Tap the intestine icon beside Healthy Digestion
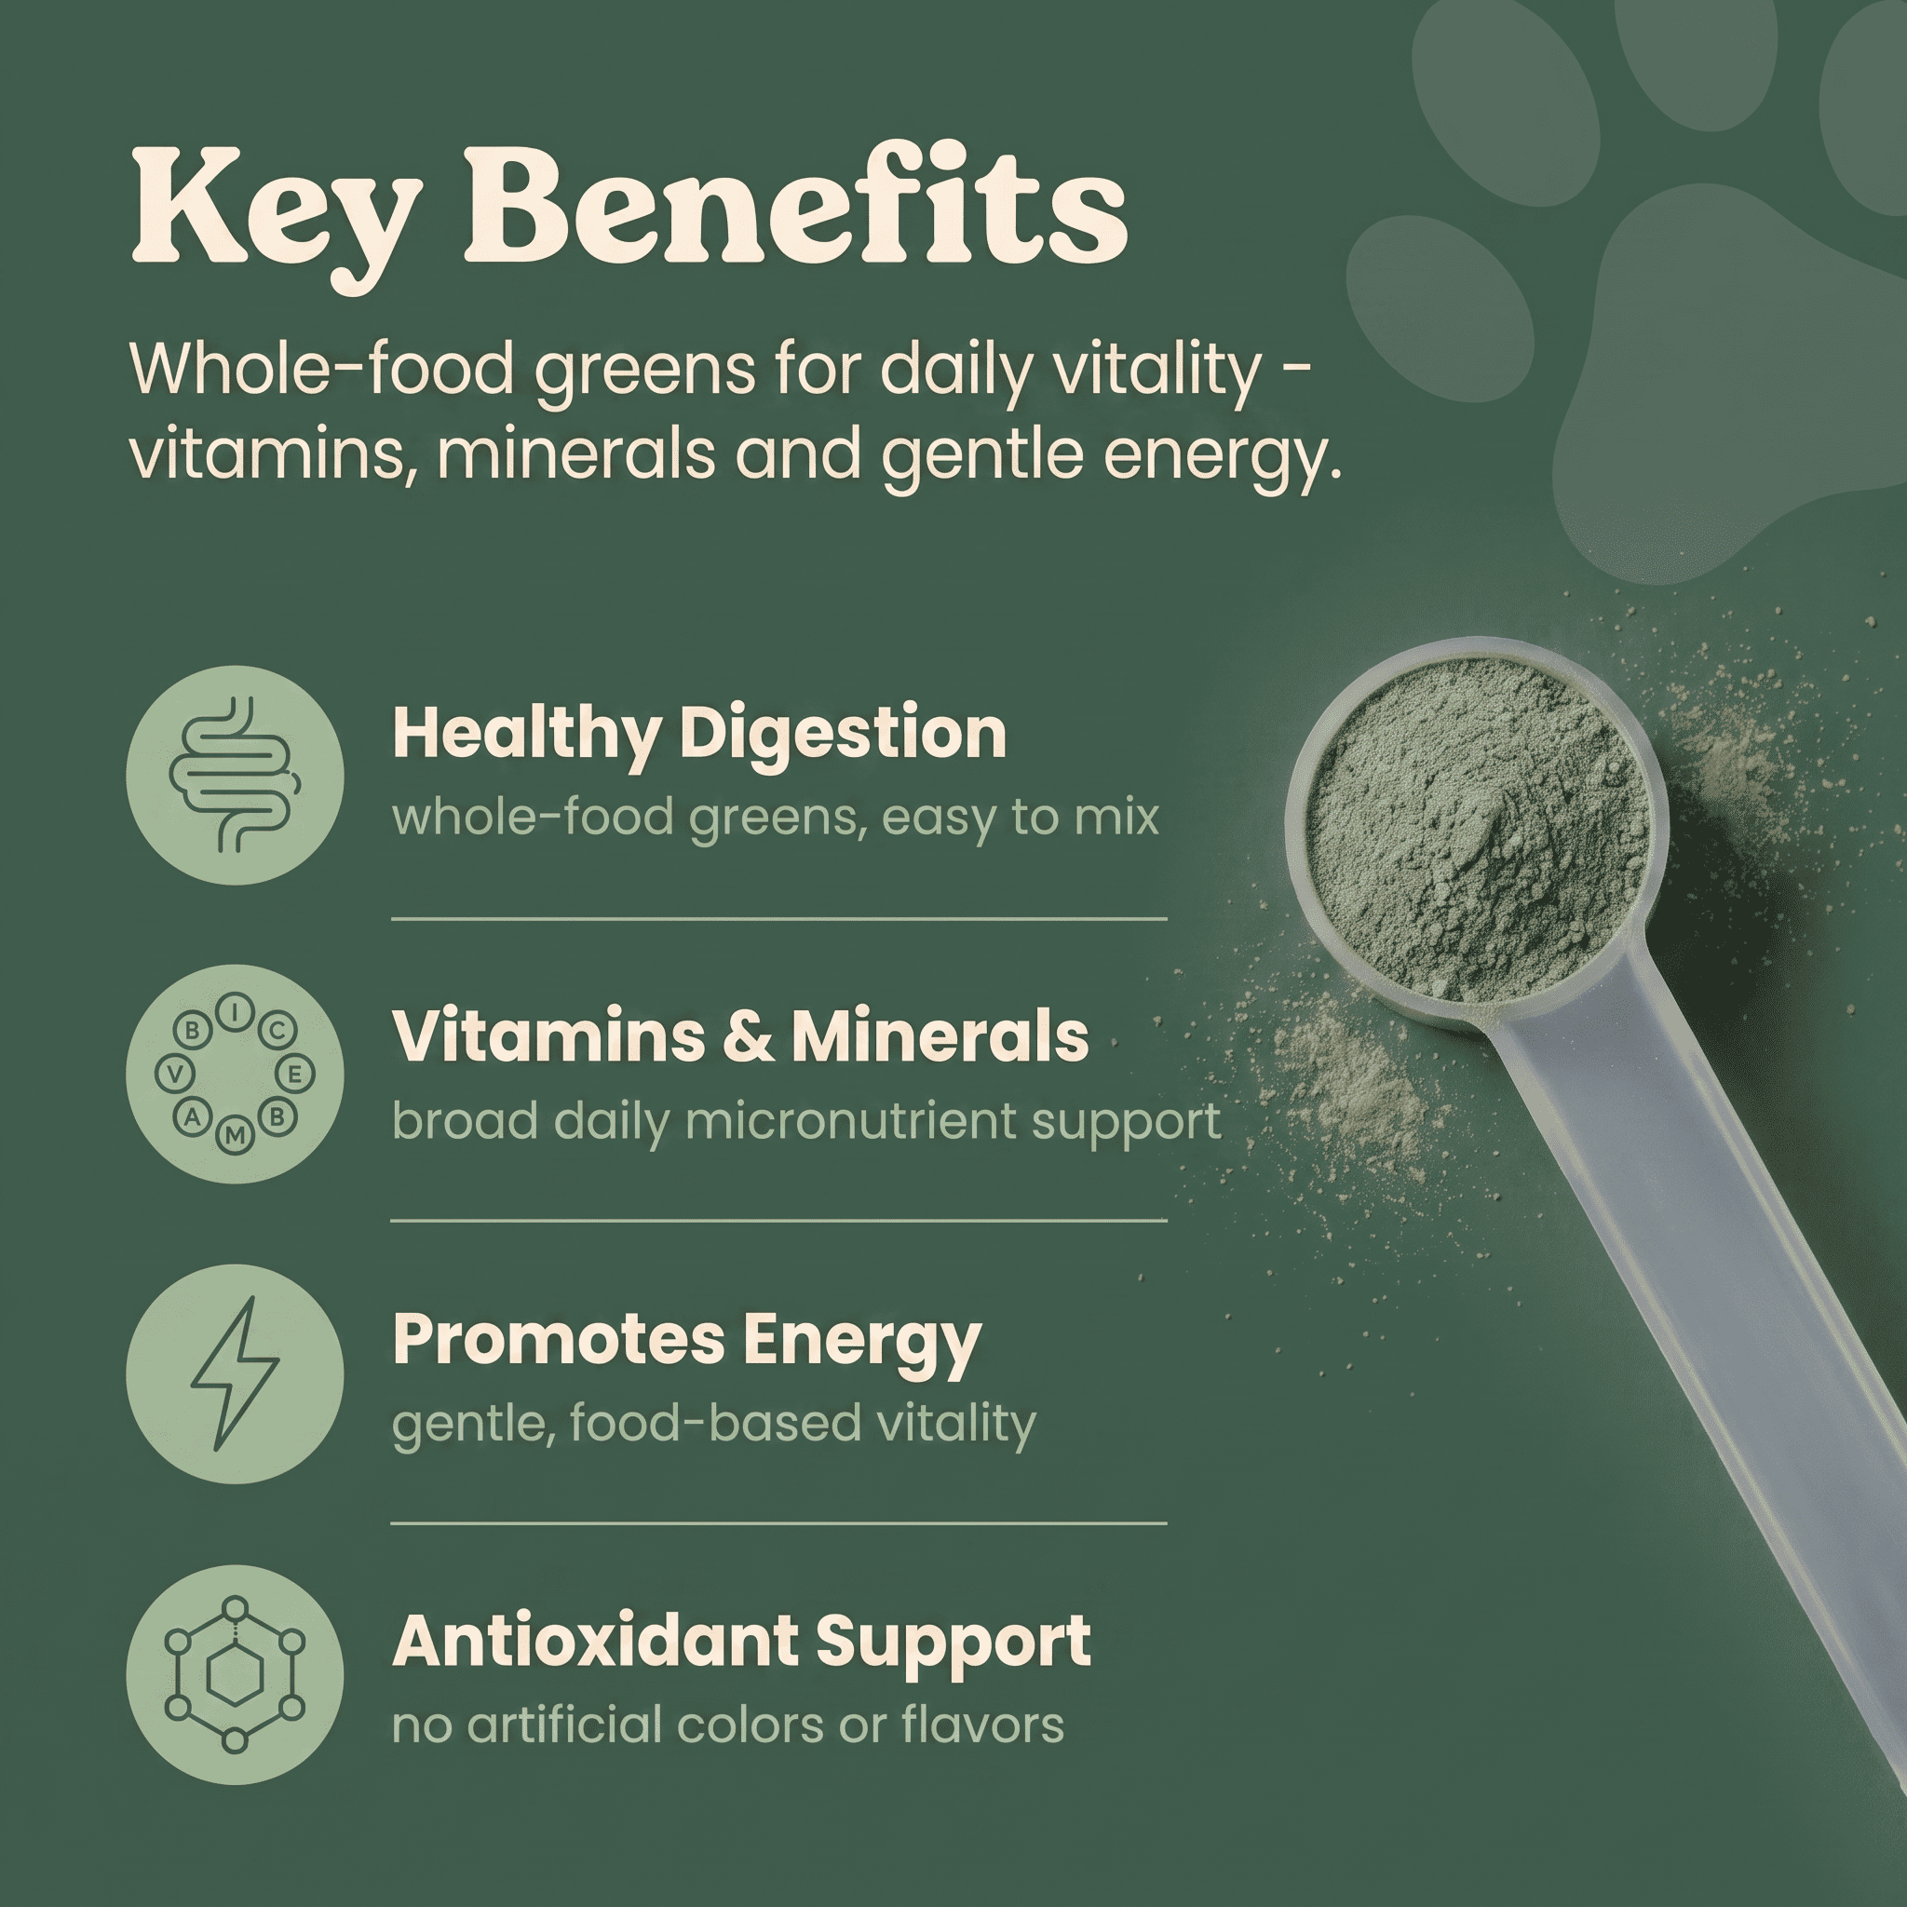click(x=235, y=775)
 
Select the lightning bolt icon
click(x=235, y=1373)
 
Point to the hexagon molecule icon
click(x=235, y=1674)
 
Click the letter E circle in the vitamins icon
click(x=295, y=1073)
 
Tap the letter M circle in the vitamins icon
click(x=235, y=1136)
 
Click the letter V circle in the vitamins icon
click(x=175, y=1074)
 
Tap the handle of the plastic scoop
click(x=1697, y=1273)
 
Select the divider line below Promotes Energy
click(x=778, y=1523)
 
